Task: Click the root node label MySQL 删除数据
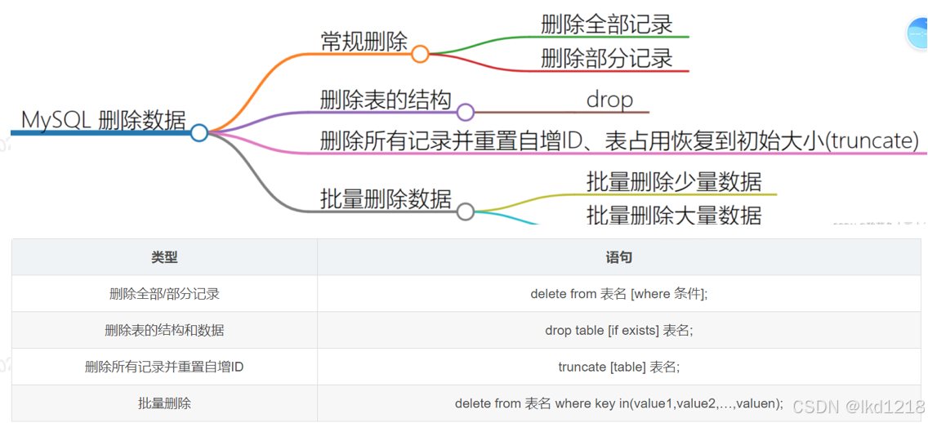coord(104,120)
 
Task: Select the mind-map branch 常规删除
coord(364,42)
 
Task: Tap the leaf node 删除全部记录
coord(607,24)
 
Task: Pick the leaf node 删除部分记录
coord(607,58)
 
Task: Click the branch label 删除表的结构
coord(386,100)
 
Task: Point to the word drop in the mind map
coord(609,100)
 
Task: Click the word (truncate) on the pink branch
coord(872,140)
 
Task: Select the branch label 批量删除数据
coord(386,198)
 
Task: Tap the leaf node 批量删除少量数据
coord(674,181)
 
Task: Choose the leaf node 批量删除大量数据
coord(674,215)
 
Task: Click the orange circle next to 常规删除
coord(420,54)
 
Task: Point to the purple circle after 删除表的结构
coord(465,112)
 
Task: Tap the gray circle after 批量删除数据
coord(465,211)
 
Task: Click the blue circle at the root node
coord(199,132)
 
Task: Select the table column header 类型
coord(164,257)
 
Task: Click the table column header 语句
coord(618,257)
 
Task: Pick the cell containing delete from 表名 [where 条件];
coord(618,294)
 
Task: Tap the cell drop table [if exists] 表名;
coord(618,331)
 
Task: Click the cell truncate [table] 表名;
coord(618,367)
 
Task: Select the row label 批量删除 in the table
coord(164,403)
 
